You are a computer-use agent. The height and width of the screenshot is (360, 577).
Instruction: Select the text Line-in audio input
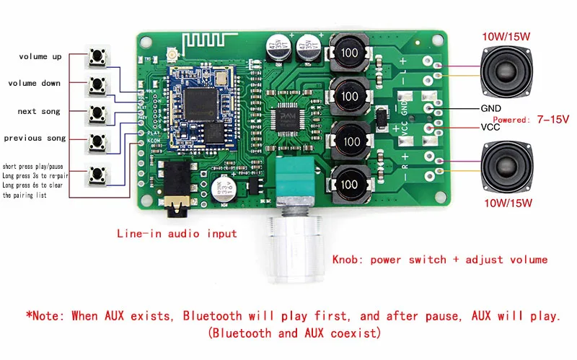177,234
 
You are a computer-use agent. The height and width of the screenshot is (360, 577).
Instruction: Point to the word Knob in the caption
345,260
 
